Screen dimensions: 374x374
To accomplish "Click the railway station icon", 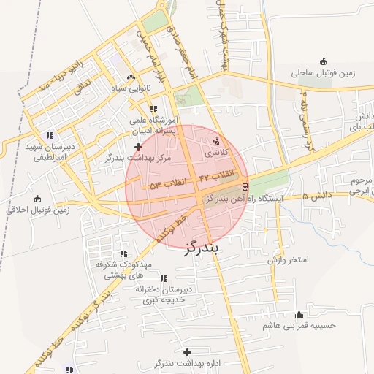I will [x=244, y=186].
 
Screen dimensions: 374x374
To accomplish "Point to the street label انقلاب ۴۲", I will [x=217, y=175].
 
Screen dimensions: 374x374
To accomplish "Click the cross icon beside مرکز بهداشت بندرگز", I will [x=139, y=146].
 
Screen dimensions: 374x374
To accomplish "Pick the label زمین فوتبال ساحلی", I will [x=322, y=73].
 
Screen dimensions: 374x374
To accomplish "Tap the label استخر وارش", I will [x=288, y=259].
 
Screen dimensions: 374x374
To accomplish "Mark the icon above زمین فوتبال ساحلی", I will [x=323, y=61].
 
